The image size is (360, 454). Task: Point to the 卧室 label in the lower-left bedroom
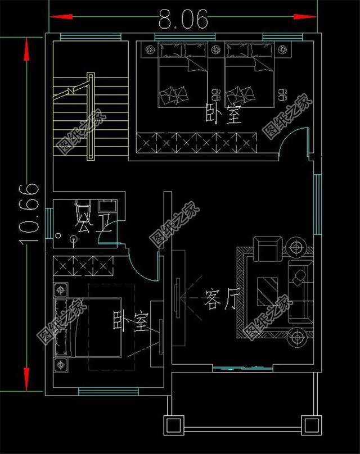point(130,322)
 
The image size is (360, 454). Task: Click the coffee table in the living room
point(268,290)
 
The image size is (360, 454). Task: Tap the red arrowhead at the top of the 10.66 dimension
point(26,49)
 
